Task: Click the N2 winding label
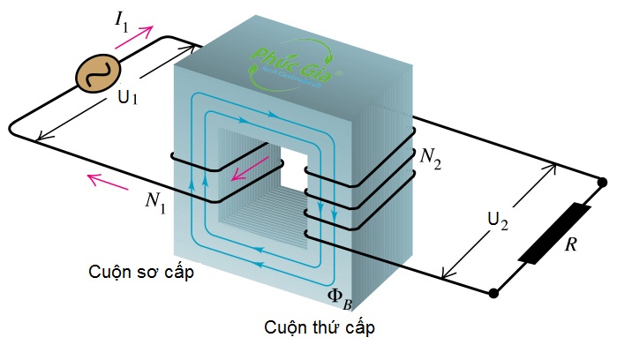pyautogui.click(x=432, y=158)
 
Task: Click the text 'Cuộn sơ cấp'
pyautogui.click(x=141, y=271)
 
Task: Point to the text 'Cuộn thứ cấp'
pyautogui.click(x=319, y=328)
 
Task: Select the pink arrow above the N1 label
pyautogui.click(x=105, y=183)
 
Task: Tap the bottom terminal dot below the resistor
pyautogui.click(x=494, y=292)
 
